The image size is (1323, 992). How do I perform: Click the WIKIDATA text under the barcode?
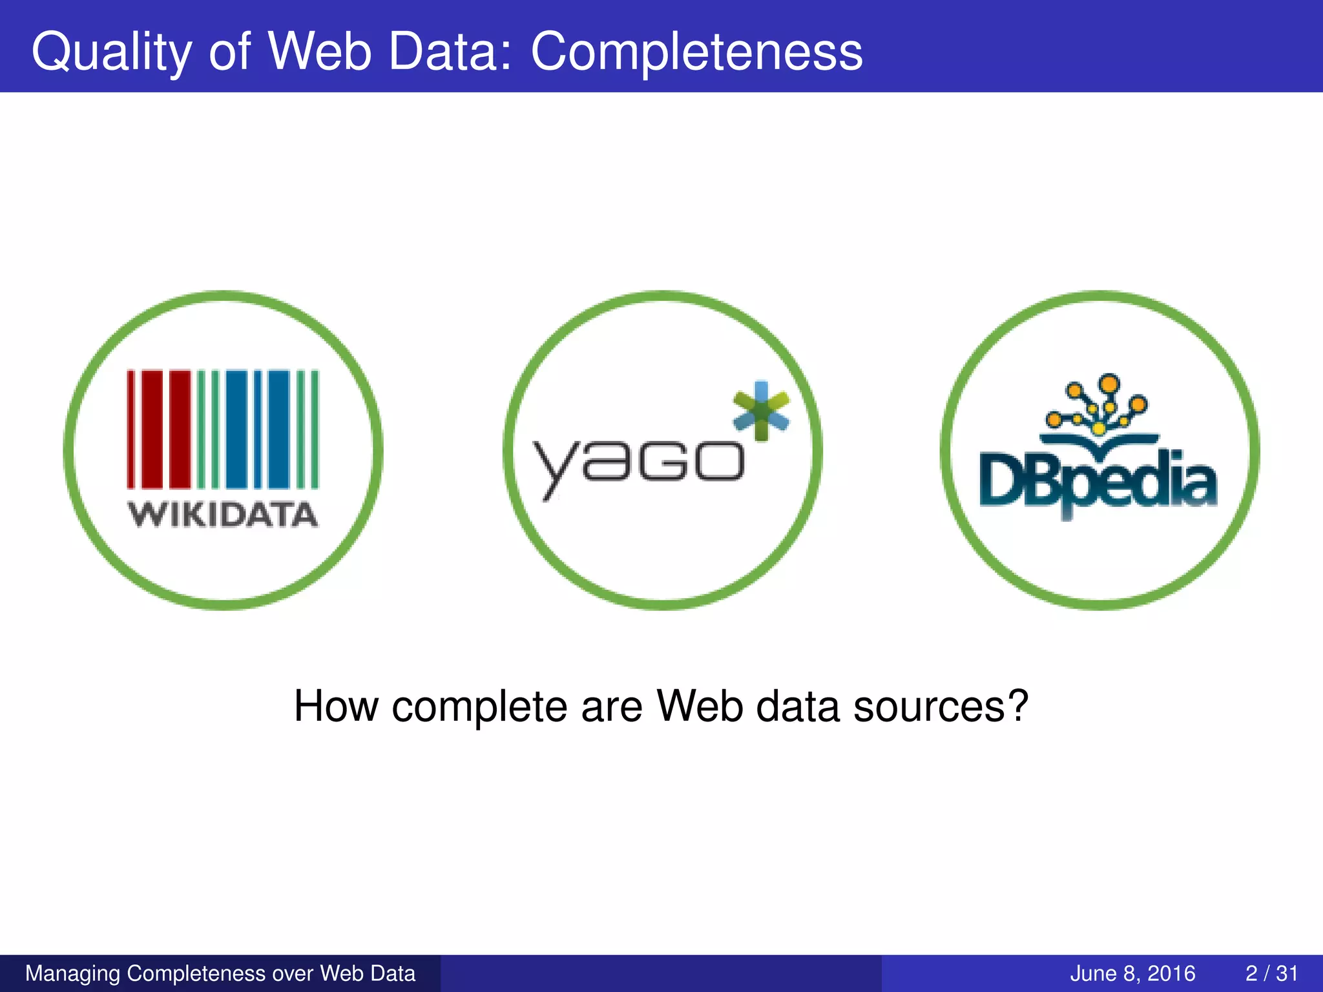(x=223, y=515)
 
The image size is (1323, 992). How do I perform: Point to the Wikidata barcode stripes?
(x=223, y=429)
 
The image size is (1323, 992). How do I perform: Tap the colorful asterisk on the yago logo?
(x=762, y=411)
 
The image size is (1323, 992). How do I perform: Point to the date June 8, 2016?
(x=1132, y=973)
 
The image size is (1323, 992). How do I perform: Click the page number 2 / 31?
(x=1271, y=973)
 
